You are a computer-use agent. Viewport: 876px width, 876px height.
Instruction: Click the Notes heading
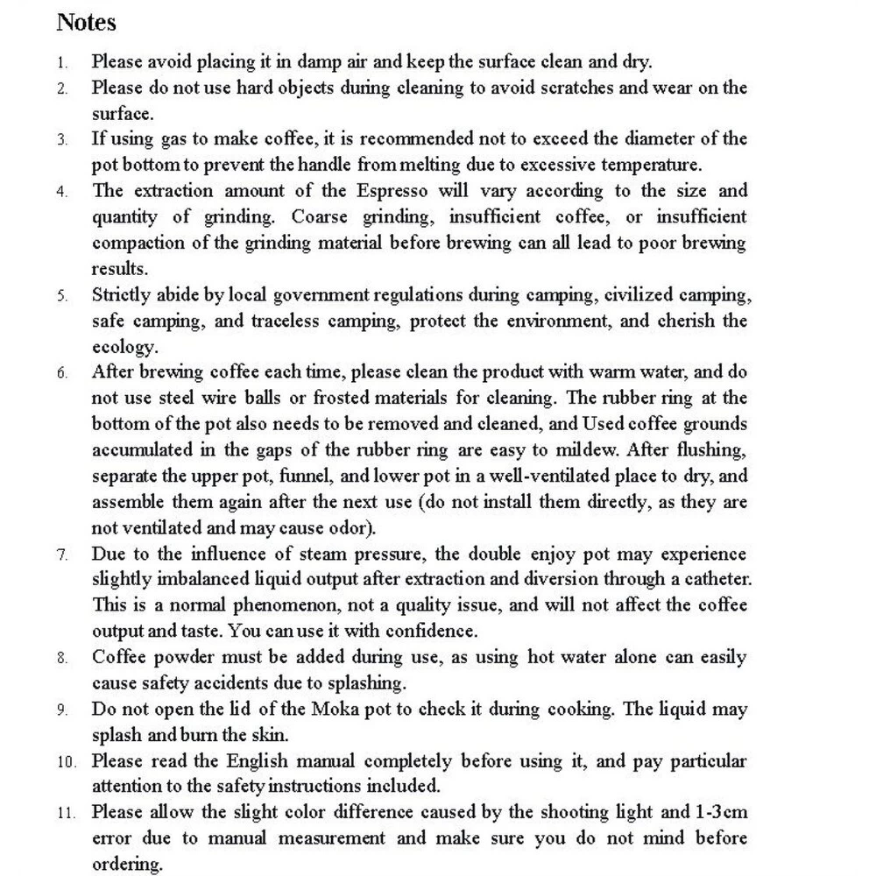86,22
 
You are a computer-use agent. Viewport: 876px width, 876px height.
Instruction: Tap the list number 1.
62,63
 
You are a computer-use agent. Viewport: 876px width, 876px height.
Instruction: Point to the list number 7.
62,555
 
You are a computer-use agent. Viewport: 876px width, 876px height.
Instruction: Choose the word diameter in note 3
675,138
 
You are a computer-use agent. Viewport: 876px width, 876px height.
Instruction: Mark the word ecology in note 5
124,347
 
